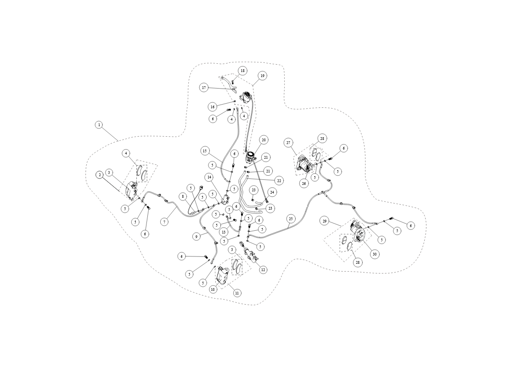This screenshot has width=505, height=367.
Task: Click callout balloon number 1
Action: [x=100, y=125]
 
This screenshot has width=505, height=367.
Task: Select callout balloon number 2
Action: [x=100, y=175]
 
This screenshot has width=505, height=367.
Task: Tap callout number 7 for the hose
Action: [x=164, y=222]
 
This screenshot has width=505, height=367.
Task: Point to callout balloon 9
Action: [x=196, y=237]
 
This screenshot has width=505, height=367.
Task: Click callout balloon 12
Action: [x=263, y=270]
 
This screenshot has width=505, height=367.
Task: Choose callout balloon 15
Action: [x=204, y=150]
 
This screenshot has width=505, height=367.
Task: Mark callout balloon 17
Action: [x=204, y=88]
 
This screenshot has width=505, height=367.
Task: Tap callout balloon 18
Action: [x=242, y=71]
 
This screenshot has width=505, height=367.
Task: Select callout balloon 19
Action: [x=263, y=76]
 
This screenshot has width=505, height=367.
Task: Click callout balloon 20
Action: [x=264, y=140]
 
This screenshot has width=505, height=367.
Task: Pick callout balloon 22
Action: [x=279, y=181]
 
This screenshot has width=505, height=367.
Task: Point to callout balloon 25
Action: [x=291, y=219]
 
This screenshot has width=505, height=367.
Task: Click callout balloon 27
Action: [x=288, y=143]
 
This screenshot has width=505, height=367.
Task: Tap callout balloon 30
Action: [x=374, y=254]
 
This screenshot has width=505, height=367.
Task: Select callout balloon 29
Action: [x=325, y=221]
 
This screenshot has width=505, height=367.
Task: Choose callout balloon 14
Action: [x=209, y=177]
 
